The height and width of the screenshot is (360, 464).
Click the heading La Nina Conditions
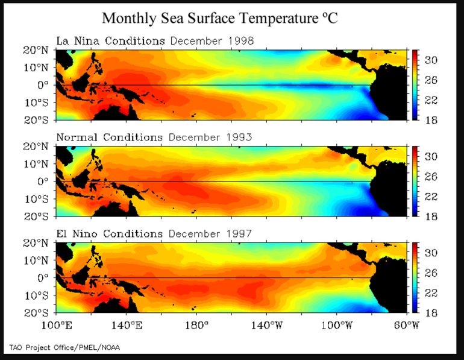point(110,41)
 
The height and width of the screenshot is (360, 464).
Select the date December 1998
point(212,41)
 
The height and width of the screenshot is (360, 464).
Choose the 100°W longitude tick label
point(336,324)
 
